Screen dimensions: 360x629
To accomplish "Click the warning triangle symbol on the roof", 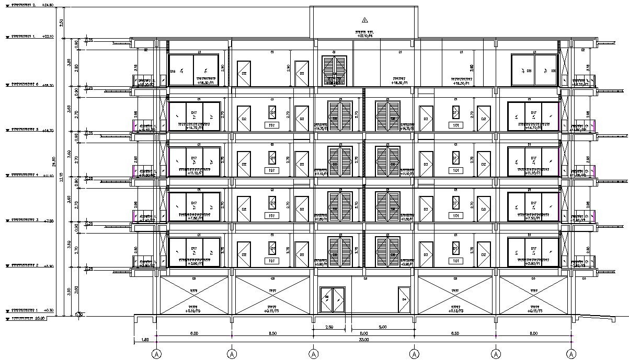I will click(x=365, y=20).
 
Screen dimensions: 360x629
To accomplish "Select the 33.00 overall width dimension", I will click(x=363, y=340).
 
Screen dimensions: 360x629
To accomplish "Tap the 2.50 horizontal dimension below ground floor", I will click(x=329, y=328).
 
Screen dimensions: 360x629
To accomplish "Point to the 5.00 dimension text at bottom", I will click(x=382, y=328).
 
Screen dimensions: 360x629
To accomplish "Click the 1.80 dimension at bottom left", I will click(x=145, y=340).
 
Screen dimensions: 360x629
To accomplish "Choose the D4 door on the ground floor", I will click(x=404, y=299).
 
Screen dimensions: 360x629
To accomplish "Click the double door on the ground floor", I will click(x=331, y=300).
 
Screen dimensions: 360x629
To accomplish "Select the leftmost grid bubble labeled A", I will click(x=156, y=354).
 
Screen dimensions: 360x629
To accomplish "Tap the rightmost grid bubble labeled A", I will click(x=572, y=354).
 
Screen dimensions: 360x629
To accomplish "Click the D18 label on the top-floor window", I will click(x=173, y=71).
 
